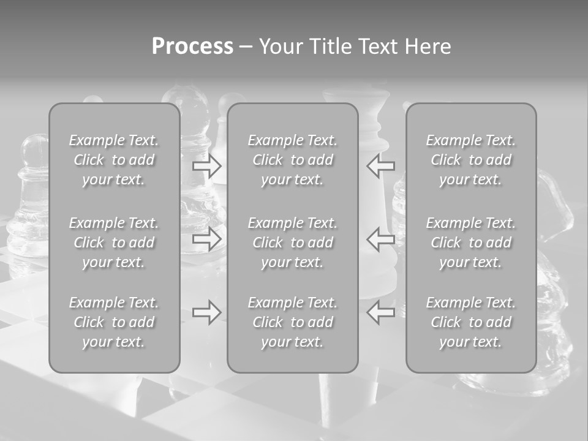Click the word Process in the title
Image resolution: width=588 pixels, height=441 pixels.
click(192, 47)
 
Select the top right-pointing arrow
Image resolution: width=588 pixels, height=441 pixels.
click(207, 165)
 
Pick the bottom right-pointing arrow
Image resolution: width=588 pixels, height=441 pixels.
click(207, 312)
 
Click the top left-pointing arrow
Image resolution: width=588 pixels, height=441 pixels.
click(381, 165)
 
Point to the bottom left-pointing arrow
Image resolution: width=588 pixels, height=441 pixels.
click(381, 312)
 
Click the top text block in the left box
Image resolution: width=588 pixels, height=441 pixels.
click(114, 160)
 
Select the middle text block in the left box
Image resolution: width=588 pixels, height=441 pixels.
click(114, 243)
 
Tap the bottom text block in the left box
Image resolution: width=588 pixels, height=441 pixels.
click(114, 322)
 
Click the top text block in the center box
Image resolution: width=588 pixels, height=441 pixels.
click(292, 160)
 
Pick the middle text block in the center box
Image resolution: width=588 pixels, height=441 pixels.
click(292, 243)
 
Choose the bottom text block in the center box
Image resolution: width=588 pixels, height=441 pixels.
click(292, 322)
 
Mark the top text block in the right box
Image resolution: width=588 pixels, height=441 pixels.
click(470, 160)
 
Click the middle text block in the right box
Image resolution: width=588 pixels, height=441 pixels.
click(470, 243)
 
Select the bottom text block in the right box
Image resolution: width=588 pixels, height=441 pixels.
click(470, 322)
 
